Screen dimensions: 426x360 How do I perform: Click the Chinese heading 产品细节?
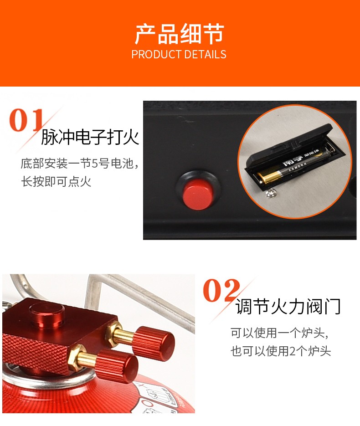179,34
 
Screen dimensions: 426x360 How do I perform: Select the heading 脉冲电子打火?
90,137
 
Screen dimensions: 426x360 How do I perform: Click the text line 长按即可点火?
56,182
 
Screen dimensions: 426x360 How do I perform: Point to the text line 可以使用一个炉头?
278,333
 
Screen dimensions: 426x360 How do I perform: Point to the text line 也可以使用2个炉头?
280,351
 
